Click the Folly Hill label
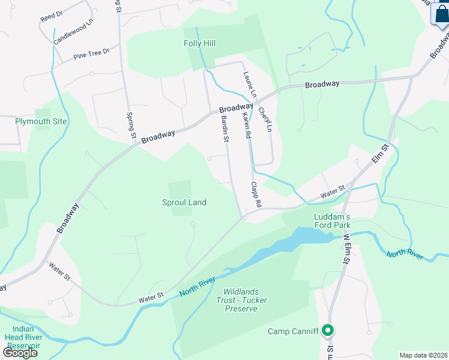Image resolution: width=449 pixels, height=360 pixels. coord(199,43)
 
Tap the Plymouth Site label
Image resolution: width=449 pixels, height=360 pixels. coord(41,121)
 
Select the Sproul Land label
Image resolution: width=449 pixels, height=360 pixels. coord(184,202)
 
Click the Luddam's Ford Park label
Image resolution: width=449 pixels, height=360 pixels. coord(332,221)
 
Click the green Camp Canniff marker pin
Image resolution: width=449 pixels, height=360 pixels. coord(328,331)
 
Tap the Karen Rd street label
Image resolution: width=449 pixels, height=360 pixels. coord(246,127)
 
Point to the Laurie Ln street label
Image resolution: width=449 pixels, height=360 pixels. coord(250,85)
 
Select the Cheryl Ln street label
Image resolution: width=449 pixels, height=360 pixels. coord(265,120)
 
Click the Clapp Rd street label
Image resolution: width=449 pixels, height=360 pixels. coord(256,195)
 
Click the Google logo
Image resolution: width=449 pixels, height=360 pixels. coord(20,352)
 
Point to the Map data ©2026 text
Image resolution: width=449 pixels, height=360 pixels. coord(424,355)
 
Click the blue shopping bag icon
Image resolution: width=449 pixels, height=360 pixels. coord(440,14)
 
